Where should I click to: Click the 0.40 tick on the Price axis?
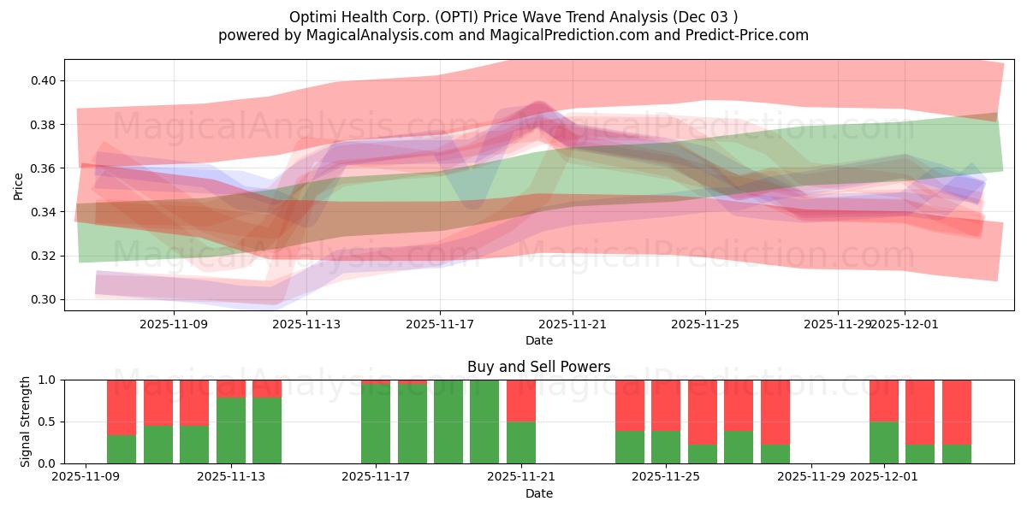pos(44,80)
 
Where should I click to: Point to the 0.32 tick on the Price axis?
pos(44,256)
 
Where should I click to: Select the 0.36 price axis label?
pos(44,168)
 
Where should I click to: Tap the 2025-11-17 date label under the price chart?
pos(440,324)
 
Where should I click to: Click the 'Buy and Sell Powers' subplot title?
pos(538,367)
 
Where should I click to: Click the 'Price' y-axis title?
pos(19,185)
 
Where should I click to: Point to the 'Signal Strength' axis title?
pos(25,421)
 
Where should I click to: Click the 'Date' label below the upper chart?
pos(538,340)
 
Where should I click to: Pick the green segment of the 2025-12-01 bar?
pos(884,442)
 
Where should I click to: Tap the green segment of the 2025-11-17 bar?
pos(376,423)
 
